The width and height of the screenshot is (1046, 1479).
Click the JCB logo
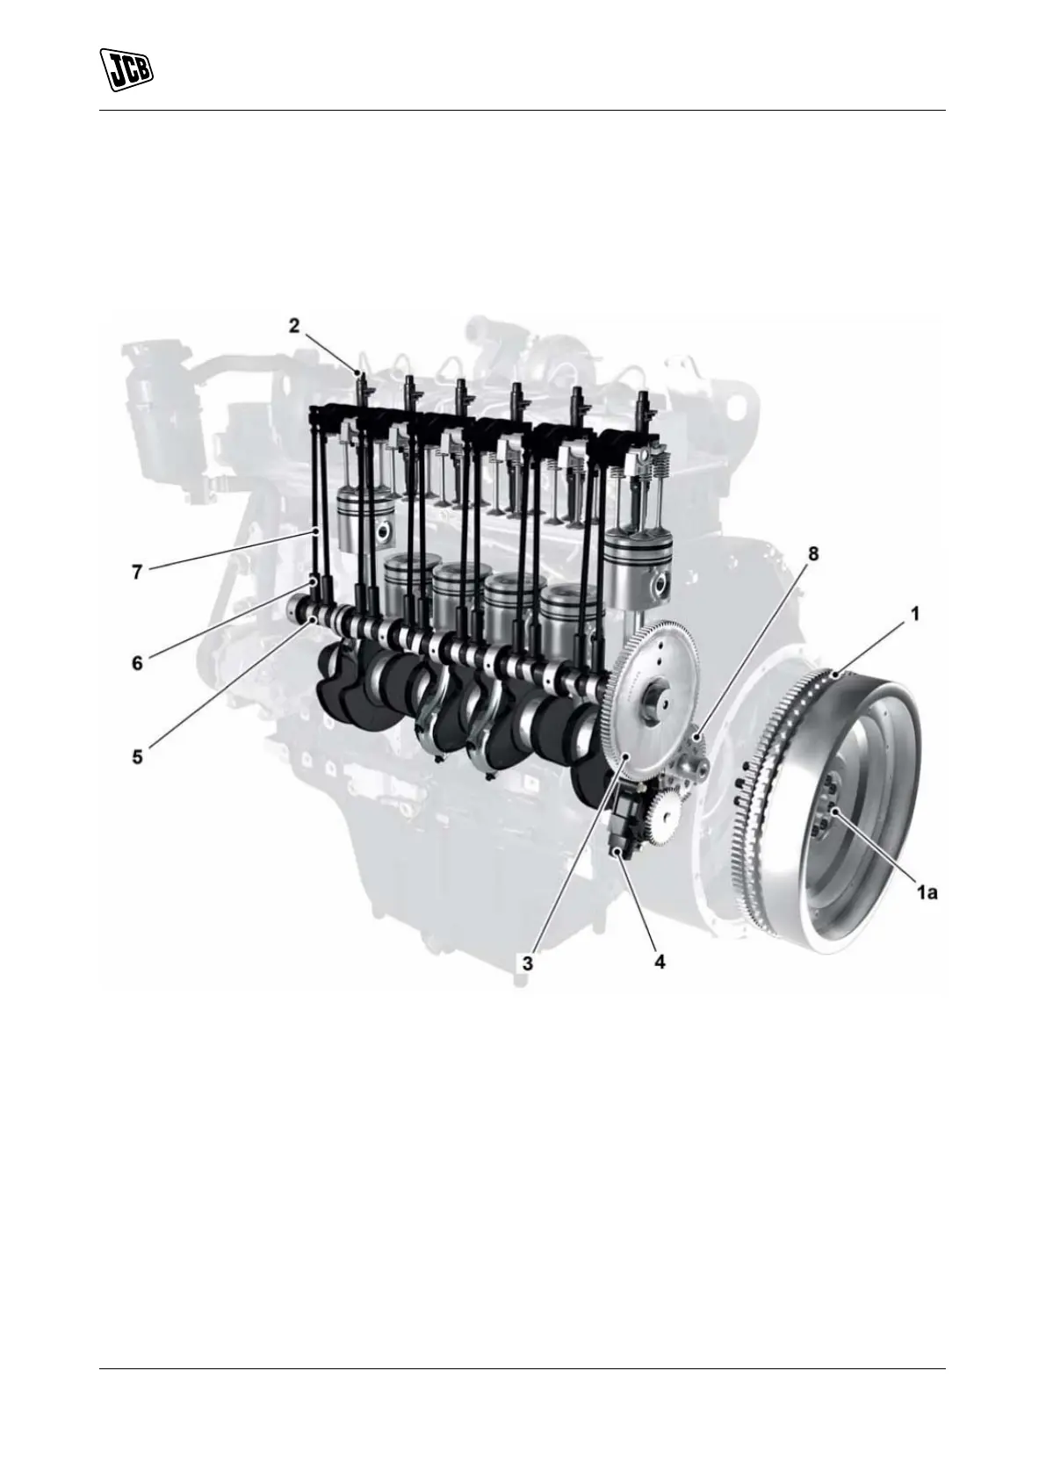(x=126, y=69)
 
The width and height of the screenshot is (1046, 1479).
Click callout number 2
(x=294, y=325)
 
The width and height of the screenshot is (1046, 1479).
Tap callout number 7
(x=137, y=572)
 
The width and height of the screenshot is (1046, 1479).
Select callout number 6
(x=137, y=662)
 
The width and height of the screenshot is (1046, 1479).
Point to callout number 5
(x=137, y=757)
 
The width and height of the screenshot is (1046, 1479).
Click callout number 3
(x=527, y=963)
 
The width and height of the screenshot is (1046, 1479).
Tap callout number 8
(x=813, y=554)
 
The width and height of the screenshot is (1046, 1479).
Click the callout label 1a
(x=927, y=892)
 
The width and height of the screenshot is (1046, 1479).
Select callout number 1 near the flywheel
(x=914, y=614)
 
